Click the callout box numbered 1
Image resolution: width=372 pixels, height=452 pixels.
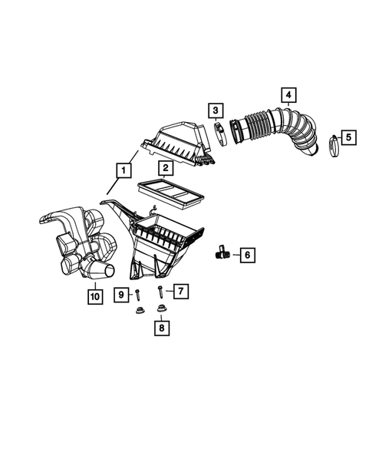coord(122,170)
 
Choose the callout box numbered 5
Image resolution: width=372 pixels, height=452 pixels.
coord(347,137)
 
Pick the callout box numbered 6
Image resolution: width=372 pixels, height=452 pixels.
coord(247,254)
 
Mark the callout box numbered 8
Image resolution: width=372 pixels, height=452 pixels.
coord(161,327)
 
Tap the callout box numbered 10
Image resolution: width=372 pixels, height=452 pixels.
coord(94,295)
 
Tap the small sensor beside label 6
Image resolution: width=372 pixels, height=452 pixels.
coord(222,250)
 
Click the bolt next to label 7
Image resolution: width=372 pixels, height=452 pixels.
coord(161,292)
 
